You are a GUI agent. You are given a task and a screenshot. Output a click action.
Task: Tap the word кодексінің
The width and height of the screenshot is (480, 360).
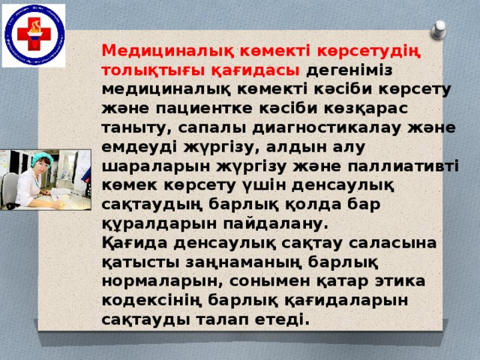click(152, 300)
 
